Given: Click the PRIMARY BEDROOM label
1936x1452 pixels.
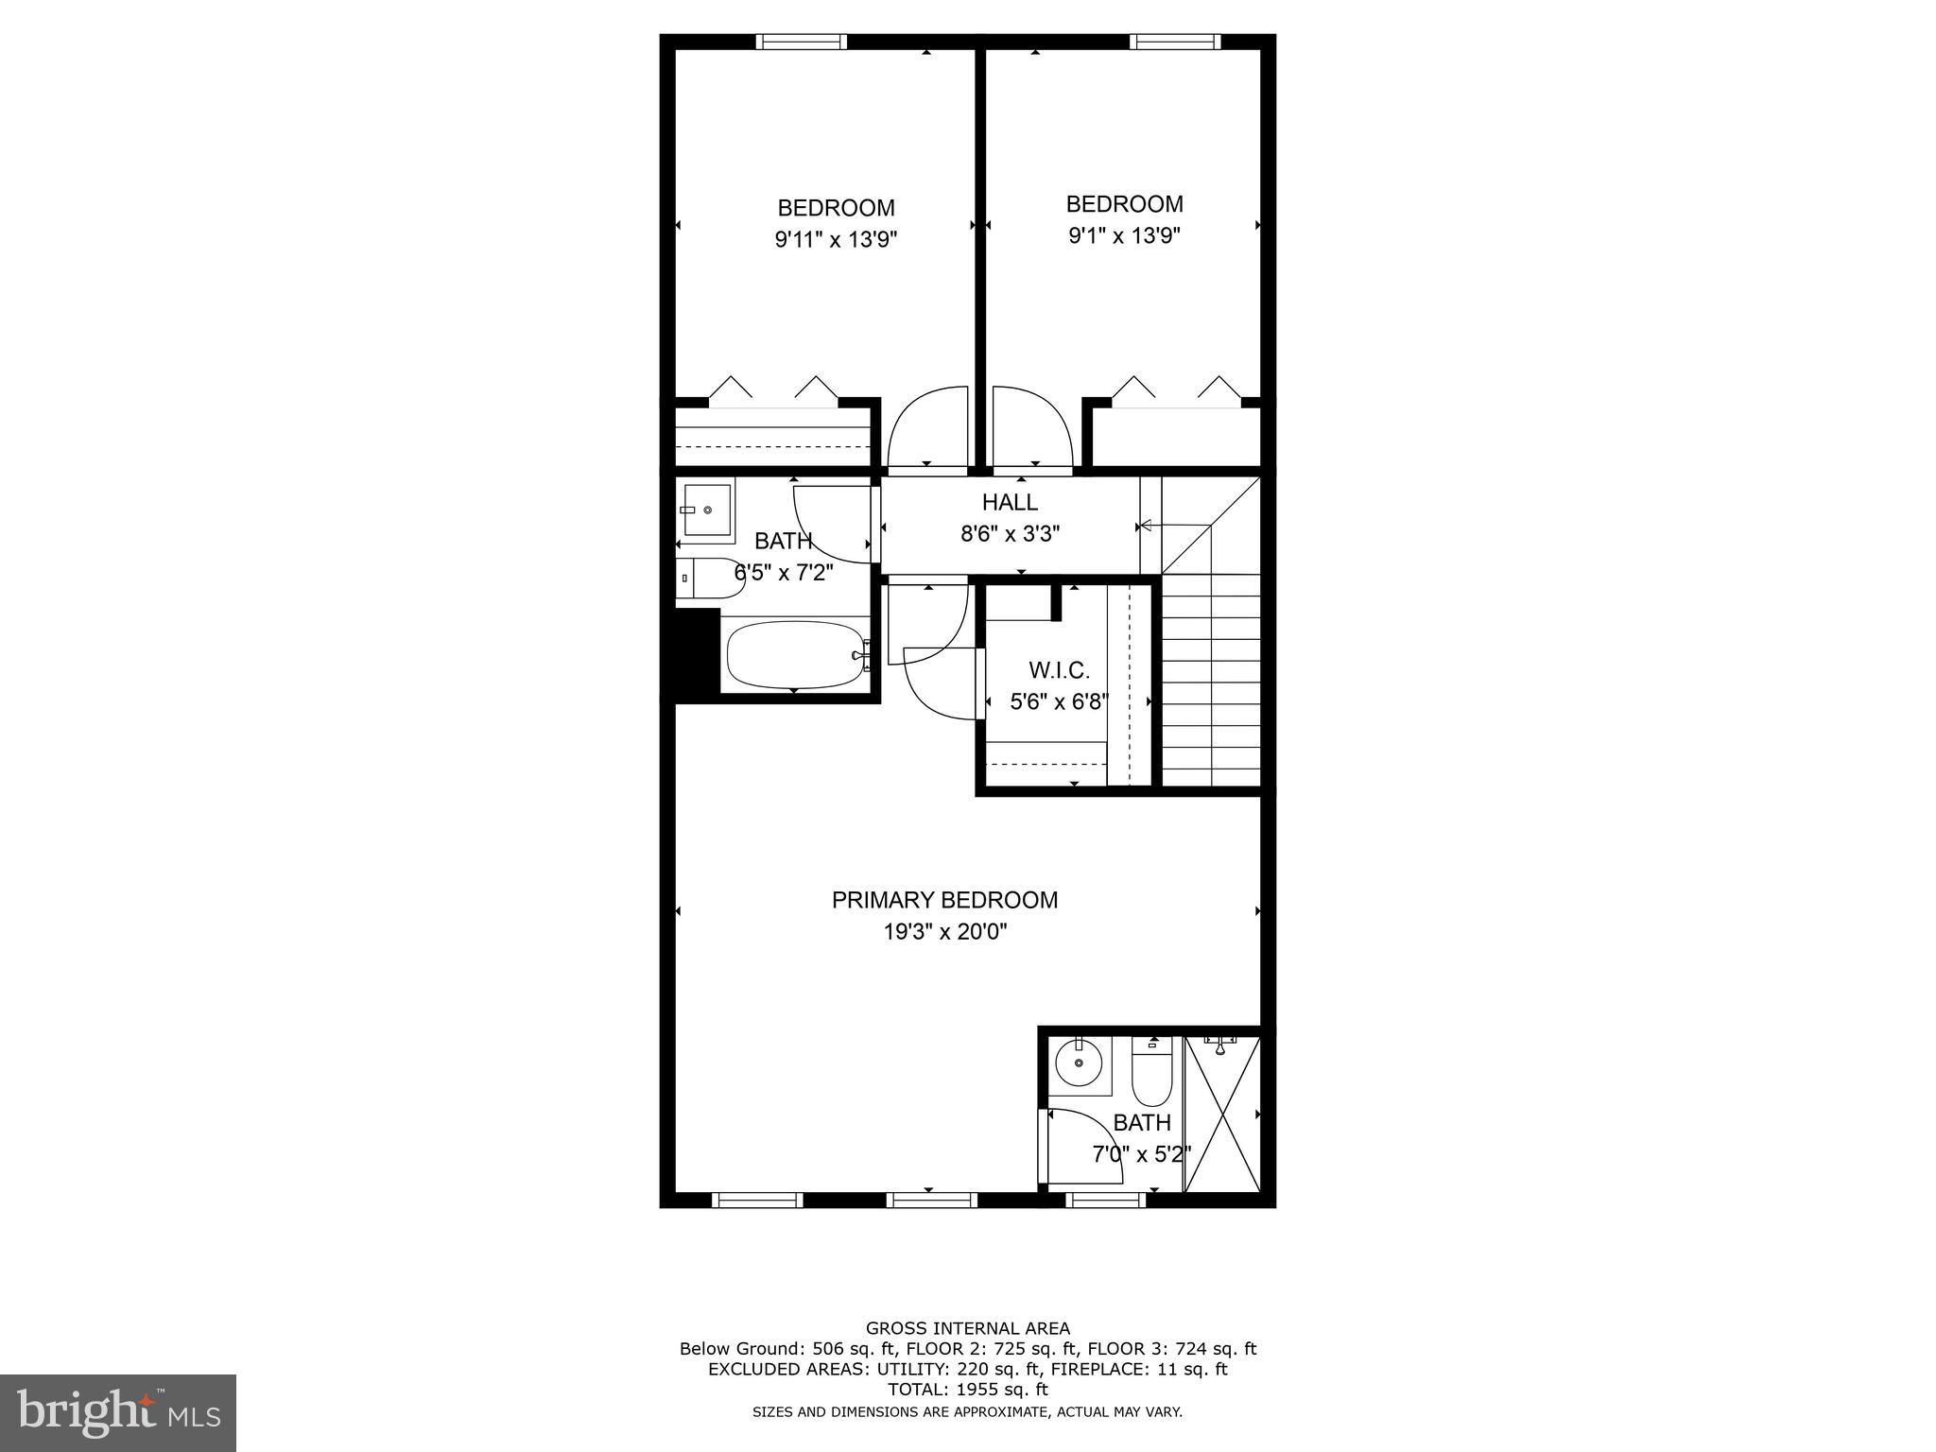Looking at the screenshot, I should [x=944, y=900].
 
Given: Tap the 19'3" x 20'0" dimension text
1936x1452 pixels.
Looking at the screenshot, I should [x=944, y=932].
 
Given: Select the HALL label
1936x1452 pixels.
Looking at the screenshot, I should [x=1010, y=502].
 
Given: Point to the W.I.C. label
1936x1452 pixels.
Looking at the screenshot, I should [x=1059, y=670].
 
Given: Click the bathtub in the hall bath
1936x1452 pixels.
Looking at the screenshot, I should [x=797, y=654].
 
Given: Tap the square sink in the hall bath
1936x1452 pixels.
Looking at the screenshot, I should [x=707, y=510].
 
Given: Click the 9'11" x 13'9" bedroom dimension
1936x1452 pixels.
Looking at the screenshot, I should [x=836, y=240].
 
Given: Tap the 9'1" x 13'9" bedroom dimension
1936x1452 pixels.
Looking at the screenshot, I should [x=1125, y=235].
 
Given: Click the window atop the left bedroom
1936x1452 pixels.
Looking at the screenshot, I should [x=801, y=42].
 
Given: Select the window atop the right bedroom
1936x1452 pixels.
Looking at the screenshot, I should [x=1175, y=42].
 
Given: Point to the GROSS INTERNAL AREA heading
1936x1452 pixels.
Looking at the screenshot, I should [x=968, y=1328].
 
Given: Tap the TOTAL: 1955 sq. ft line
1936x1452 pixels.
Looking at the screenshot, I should [x=968, y=1390].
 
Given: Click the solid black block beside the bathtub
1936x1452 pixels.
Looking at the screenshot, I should [x=697, y=653].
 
